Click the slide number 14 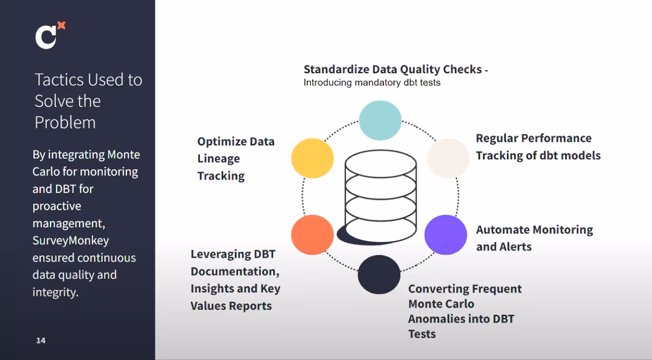(x=41, y=341)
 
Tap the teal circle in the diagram (x=380, y=120)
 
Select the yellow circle (x=312, y=158)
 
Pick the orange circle (x=312, y=234)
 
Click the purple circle (x=445, y=234)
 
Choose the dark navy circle (x=379, y=274)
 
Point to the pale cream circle (x=448, y=158)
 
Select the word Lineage (x=218, y=159)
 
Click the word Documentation (x=235, y=272)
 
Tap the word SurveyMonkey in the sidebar (x=70, y=241)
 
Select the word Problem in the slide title (x=65, y=123)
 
